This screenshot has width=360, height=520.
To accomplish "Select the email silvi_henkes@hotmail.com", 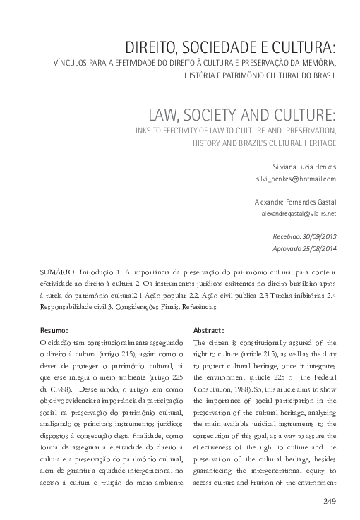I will [x=296, y=179].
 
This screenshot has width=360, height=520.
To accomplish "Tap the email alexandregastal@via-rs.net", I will [x=299, y=212].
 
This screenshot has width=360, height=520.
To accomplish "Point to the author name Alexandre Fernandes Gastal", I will [x=295, y=200].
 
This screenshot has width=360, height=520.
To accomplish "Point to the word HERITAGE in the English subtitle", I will [x=315, y=143].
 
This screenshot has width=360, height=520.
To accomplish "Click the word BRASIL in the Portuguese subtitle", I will [x=323, y=75].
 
